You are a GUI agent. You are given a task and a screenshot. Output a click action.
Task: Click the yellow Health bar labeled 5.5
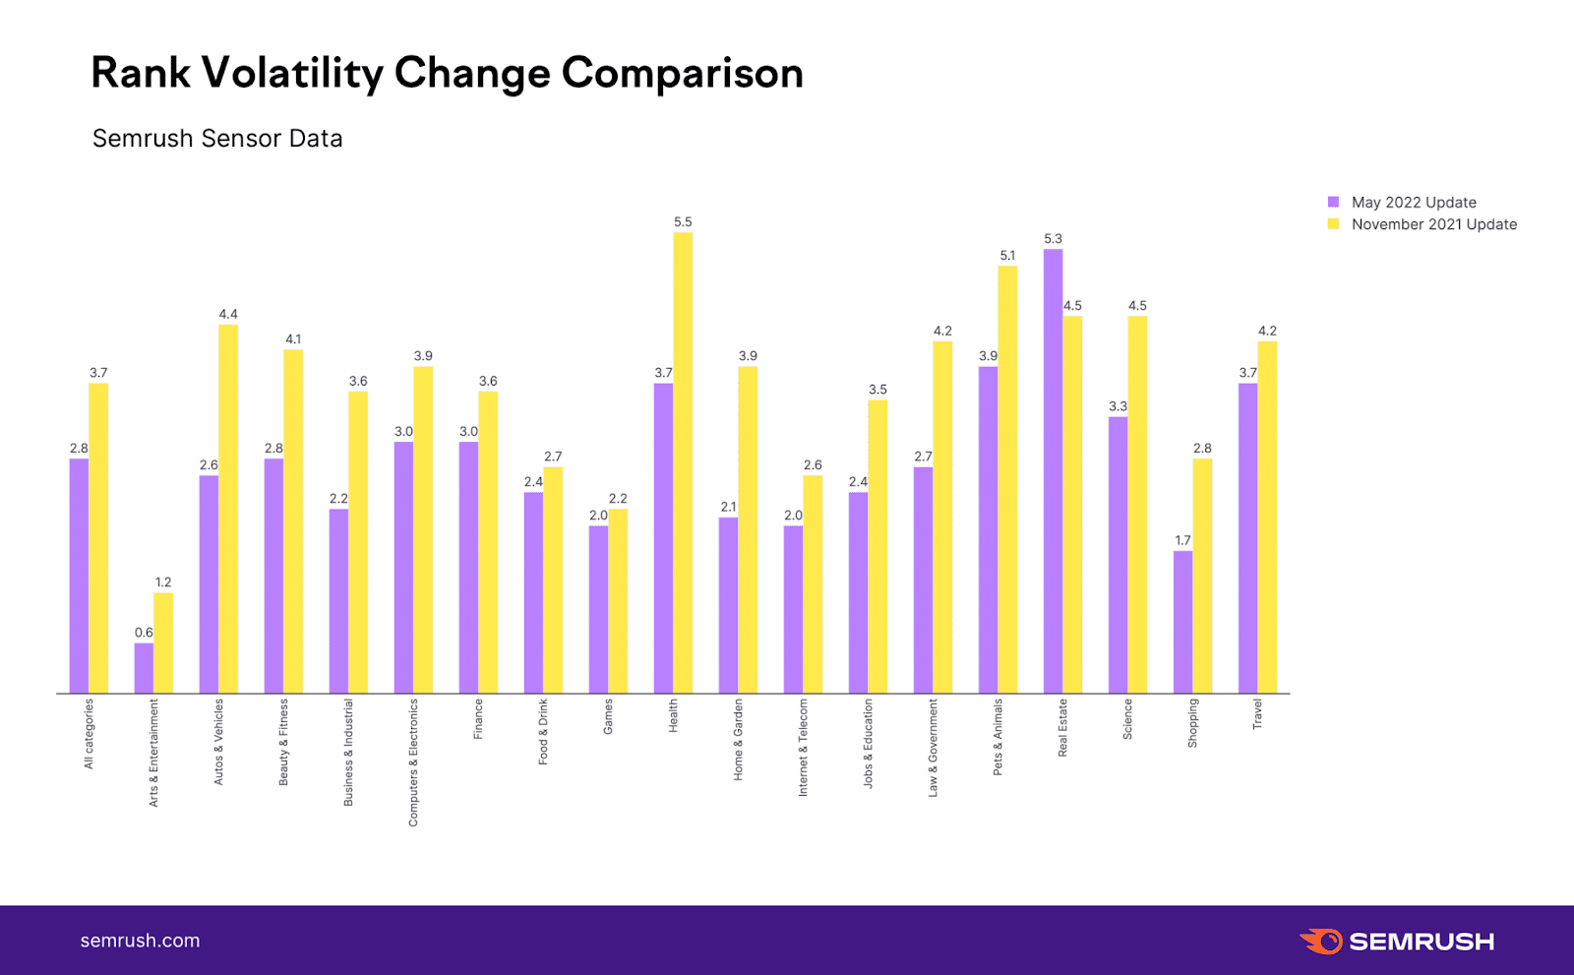pyautogui.click(x=683, y=462)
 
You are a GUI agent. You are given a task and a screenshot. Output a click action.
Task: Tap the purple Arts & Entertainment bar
pyautogui.click(x=144, y=668)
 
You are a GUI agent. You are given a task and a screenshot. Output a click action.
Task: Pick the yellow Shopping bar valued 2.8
pyautogui.click(x=1202, y=576)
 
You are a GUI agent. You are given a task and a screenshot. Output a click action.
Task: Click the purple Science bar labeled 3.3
pyautogui.click(x=1118, y=555)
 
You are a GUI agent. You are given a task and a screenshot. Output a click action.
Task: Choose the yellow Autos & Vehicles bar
pyautogui.click(x=228, y=509)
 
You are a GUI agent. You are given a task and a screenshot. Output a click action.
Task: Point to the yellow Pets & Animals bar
pyautogui.click(x=1007, y=479)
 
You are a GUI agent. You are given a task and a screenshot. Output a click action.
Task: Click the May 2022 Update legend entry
pyautogui.click(x=1413, y=203)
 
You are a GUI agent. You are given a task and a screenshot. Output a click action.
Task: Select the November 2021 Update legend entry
pyautogui.click(x=1433, y=224)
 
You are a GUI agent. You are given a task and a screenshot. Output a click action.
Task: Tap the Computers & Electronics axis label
pyautogui.click(x=413, y=762)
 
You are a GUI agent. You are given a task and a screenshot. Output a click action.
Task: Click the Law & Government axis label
pyautogui.click(x=933, y=748)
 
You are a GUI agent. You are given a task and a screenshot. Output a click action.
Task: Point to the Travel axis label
pyautogui.click(x=1257, y=714)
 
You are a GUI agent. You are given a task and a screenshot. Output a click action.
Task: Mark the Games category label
pyautogui.click(x=608, y=716)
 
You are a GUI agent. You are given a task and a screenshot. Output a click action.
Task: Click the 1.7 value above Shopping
pyautogui.click(x=1182, y=540)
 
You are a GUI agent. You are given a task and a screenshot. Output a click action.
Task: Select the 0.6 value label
pyautogui.click(x=144, y=633)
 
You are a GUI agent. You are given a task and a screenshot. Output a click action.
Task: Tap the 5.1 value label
pyautogui.click(x=1007, y=256)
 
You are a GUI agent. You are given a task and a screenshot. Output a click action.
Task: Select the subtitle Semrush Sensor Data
pyautogui.click(x=217, y=139)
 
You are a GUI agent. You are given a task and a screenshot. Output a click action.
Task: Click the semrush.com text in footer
pyautogui.click(x=140, y=941)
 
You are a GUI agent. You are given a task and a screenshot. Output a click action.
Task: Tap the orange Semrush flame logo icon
pyautogui.click(x=1321, y=942)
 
